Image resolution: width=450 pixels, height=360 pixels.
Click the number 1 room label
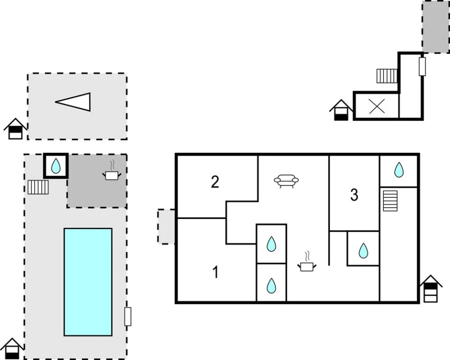coord(215,272)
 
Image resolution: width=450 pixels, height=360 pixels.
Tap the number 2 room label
coord(215,181)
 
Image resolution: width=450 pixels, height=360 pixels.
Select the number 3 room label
coord(354,195)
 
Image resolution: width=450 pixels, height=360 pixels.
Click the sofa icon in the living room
coord(287,180)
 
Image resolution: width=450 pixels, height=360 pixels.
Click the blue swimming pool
coord(88,282)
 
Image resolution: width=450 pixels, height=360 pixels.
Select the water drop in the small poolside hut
coord(56,165)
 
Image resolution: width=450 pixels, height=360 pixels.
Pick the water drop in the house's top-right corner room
coord(399,170)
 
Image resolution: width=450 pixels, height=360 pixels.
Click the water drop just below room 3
coord(363,250)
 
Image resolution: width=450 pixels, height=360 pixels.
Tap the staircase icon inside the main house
coord(390,201)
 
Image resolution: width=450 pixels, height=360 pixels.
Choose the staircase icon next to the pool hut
coord(38,187)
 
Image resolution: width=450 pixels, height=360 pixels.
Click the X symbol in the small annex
coord(376,106)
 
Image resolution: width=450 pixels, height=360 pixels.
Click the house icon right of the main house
coord(431,289)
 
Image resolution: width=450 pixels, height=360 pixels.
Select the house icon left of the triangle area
coord(15,128)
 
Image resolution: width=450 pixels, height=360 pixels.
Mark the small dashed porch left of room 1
coord(166,226)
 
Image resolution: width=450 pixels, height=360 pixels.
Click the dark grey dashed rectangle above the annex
coord(435,27)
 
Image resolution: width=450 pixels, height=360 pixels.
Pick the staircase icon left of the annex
coord(387,75)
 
